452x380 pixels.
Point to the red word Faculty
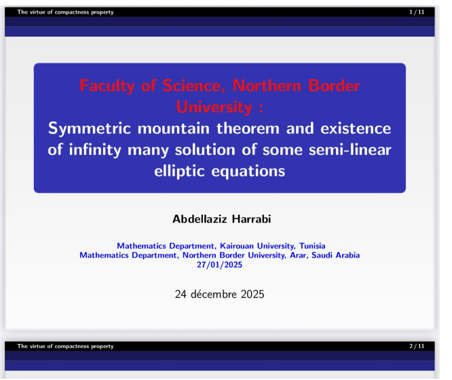[108, 86]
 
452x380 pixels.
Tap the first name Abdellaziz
[197, 219]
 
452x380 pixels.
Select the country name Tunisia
[309, 246]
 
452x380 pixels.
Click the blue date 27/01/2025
[219, 264]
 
